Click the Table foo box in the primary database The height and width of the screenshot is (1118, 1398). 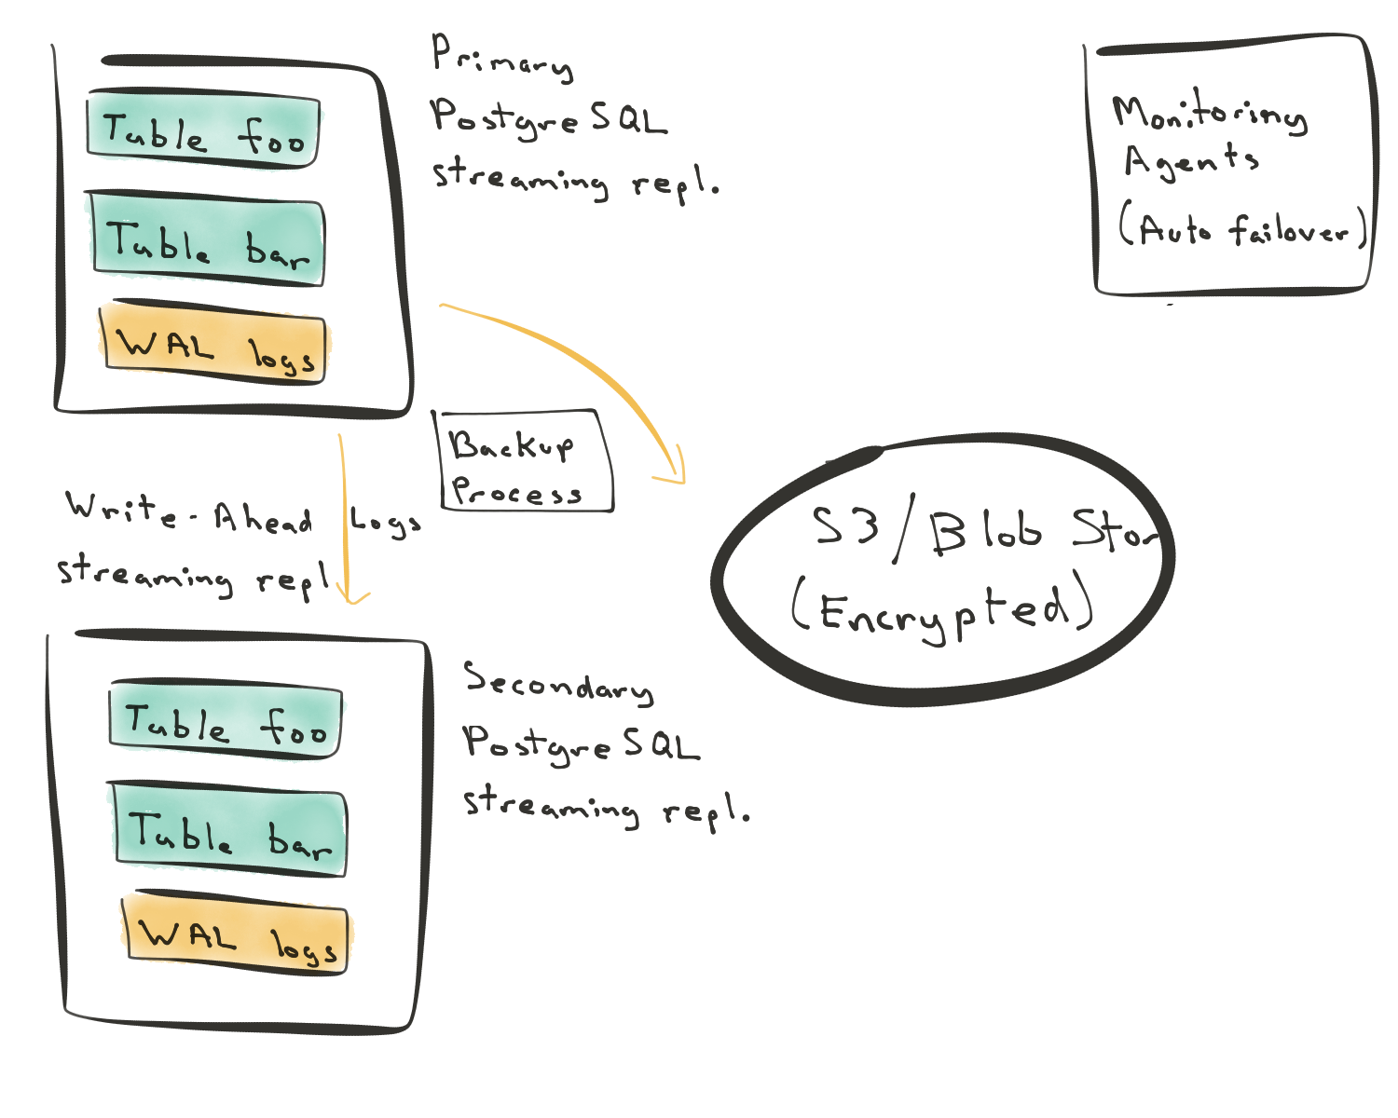coord(203,129)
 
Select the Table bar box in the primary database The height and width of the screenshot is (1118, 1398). coord(207,239)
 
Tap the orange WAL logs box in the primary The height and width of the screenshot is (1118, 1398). coord(214,341)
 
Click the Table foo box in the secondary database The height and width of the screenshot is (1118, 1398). coord(226,719)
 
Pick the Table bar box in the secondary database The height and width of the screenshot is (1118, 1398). coord(229,829)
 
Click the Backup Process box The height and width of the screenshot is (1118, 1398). coord(524,460)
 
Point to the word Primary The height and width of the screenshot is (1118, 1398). coord(502,59)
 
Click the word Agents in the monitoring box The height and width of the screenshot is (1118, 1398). coord(1191,160)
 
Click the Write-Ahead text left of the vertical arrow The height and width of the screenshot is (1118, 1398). coord(189,514)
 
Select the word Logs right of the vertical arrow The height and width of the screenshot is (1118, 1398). coord(385,521)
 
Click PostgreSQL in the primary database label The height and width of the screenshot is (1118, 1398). coord(550,119)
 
